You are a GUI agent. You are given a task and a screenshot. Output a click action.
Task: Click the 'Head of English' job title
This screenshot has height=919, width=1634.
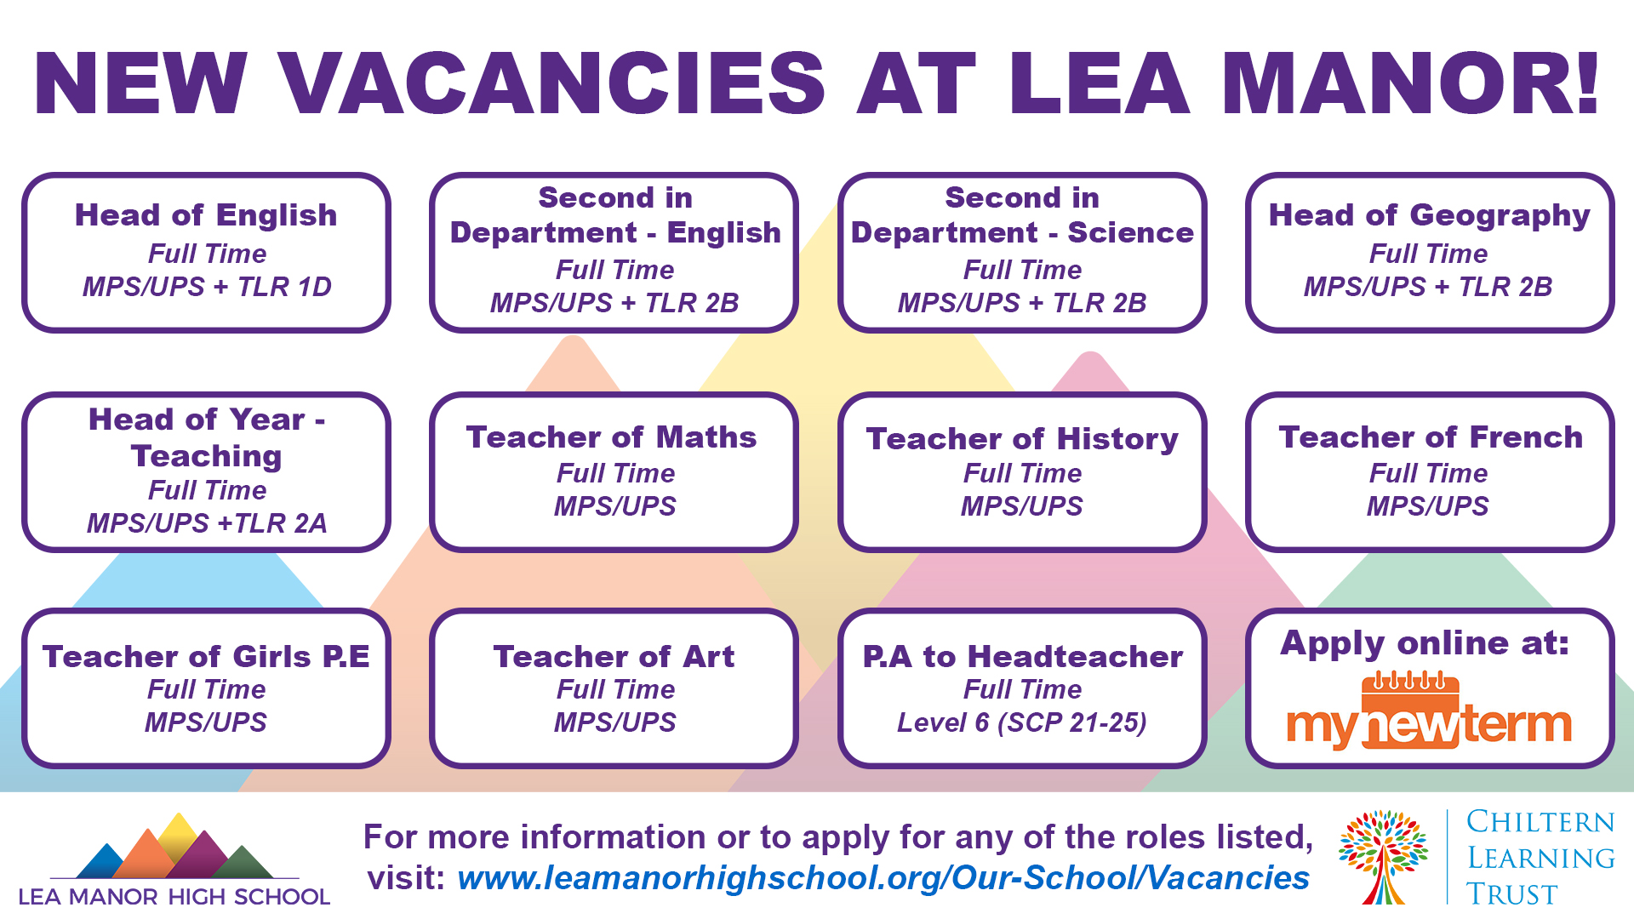click(206, 215)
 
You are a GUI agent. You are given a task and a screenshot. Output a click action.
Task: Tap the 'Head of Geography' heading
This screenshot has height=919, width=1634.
click(1429, 215)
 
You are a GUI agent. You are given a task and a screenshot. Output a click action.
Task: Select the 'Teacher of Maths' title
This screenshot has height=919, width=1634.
click(612, 437)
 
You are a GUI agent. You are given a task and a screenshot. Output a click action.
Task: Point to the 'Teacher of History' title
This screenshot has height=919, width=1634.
click(1022, 439)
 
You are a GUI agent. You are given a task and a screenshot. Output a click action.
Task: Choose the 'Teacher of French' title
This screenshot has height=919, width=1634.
click(1431, 437)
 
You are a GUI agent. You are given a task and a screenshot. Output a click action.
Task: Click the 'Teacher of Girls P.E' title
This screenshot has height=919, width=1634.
click(206, 657)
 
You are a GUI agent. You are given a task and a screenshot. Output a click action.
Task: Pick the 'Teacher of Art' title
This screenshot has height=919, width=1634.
click(614, 657)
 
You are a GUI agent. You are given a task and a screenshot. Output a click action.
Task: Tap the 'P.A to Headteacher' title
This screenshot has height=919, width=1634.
click(1022, 657)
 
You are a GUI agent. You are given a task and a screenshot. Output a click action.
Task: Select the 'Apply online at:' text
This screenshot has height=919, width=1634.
click(1425, 643)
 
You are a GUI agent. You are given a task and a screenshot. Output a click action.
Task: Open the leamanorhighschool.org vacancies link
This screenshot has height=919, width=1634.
click(883, 878)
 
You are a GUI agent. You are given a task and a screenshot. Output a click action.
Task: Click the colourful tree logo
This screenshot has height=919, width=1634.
click(1383, 856)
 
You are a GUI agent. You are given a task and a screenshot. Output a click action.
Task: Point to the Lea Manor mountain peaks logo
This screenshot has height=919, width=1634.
click(175, 849)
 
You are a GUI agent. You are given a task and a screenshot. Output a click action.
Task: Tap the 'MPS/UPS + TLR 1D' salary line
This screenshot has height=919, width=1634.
click(207, 287)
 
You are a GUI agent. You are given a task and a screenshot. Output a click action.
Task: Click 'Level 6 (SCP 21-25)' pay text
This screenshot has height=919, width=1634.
click(1022, 722)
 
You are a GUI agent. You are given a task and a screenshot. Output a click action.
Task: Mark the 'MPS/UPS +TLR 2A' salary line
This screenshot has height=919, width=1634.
click(207, 523)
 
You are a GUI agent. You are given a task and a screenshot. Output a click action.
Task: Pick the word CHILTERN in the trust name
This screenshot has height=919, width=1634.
click(1540, 822)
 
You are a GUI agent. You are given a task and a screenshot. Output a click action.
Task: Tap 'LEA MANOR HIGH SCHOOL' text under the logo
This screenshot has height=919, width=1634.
click(174, 897)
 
